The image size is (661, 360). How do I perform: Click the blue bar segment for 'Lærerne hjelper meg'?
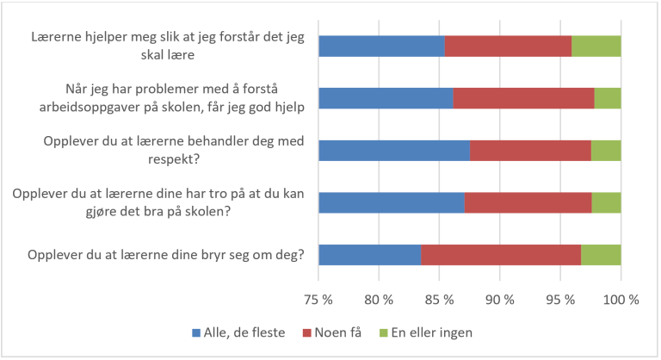381,47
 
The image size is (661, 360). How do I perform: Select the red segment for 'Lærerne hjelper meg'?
508,47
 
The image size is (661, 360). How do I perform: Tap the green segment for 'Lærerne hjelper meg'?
596,47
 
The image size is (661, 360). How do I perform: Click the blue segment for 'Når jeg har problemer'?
386,98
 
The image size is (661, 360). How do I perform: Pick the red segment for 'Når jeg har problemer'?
523,98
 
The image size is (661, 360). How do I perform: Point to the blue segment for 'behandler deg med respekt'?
394,151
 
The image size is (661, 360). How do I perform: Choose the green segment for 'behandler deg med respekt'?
606,151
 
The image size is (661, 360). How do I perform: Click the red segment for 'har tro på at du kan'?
528,202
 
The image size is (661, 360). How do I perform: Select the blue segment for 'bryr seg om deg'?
370,255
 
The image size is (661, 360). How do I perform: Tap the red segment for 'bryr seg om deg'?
501,255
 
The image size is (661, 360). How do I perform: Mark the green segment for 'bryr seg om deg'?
601,255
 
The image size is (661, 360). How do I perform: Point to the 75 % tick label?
318,301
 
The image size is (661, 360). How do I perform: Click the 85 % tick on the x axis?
439,301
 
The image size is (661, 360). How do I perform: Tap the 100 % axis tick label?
621,301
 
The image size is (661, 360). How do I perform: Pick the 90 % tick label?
500,301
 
